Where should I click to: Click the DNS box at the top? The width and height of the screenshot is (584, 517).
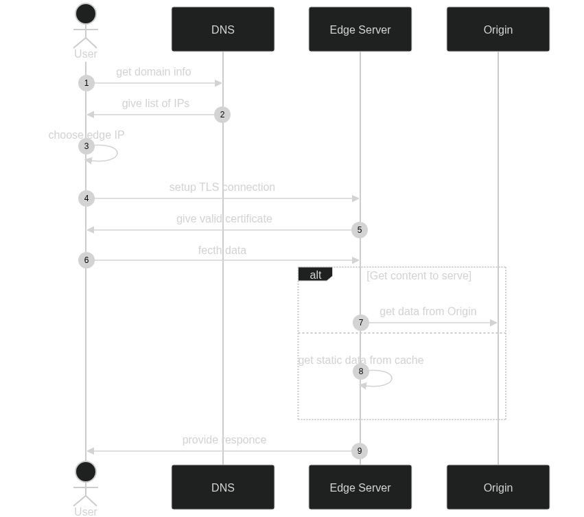(x=223, y=30)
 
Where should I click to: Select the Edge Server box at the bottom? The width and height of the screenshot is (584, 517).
(x=360, y=487)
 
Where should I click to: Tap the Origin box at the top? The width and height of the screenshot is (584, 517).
(x=498, y=30)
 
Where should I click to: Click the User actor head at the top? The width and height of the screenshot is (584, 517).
(x=86, y=14)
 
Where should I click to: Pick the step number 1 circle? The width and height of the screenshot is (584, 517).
(x=86, y=83)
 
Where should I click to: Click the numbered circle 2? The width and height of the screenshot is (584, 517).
(x=222, y=115)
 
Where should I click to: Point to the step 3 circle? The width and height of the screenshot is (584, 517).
(x=86, y=146)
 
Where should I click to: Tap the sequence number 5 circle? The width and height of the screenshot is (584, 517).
(x=360, y=230)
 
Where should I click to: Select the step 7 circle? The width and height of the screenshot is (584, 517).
(x=360, y=323)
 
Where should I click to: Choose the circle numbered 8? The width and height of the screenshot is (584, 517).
(x=360, y=371)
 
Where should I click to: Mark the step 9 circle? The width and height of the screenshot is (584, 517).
(x=360, y=451)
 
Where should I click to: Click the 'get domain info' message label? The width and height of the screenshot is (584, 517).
(x=154, y=71)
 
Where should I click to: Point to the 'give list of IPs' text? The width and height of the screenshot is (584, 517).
(x=156, y=103)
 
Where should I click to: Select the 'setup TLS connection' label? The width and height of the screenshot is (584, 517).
(x=222, y=187)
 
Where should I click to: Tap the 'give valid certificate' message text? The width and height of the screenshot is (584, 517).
(x=224, y=218)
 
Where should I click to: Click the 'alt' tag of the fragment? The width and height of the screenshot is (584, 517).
(x=315, y=275)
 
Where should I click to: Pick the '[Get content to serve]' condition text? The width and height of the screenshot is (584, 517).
(x=419, y=275)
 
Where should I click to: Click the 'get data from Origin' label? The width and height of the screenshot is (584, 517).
(x=428, y=311)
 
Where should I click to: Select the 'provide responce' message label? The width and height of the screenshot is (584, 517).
(x=224, y=439)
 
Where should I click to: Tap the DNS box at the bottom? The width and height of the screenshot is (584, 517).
(x=223, y=487)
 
